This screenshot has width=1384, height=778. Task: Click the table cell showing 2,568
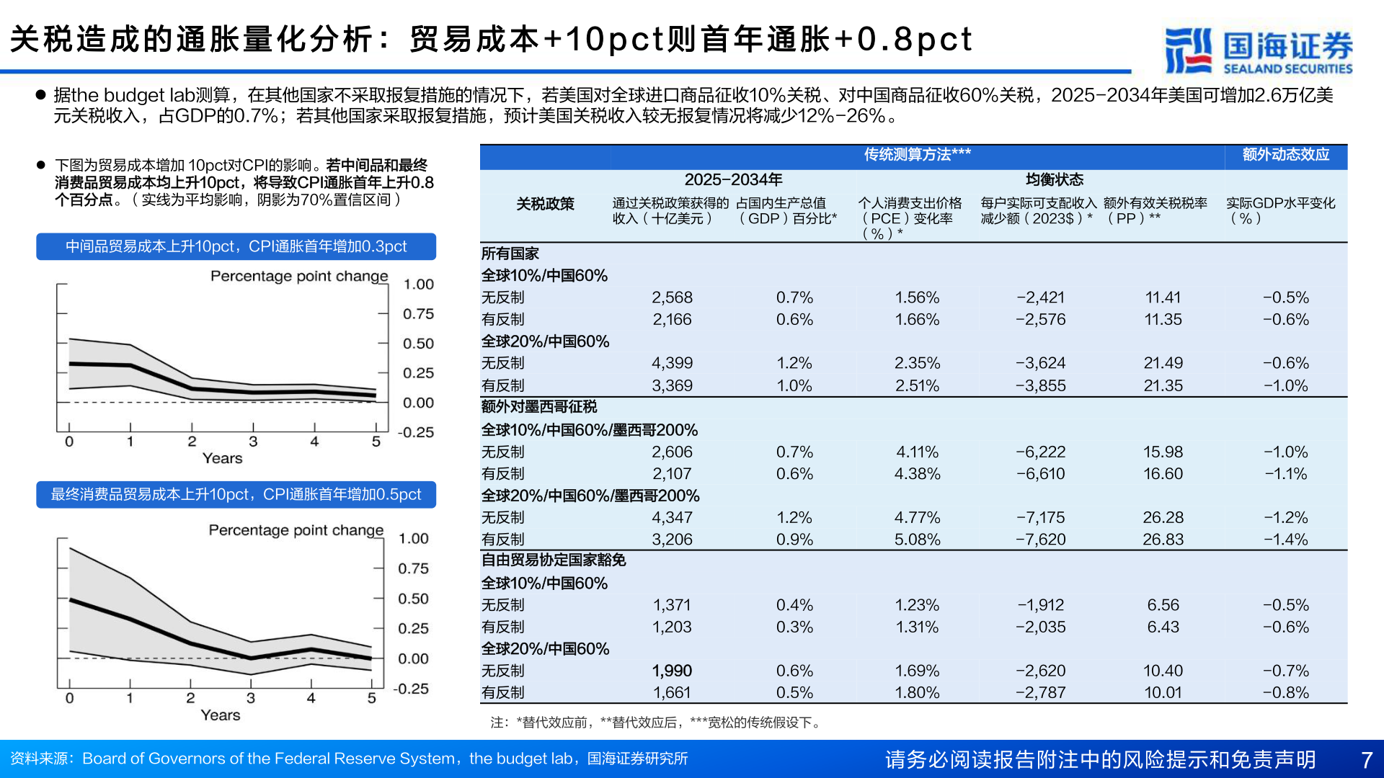672,298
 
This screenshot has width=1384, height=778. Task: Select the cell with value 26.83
1163,540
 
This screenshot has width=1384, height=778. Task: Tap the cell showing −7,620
1040,540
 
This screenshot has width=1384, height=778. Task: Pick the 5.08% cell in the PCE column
917,540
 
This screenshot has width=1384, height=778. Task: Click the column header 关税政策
545,204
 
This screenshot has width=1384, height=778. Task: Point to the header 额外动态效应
1285,155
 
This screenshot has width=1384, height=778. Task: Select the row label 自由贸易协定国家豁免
554,560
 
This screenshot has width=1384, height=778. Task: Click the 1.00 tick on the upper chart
418,285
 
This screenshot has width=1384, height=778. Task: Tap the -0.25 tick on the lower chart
411,689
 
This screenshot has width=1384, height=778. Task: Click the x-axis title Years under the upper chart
222,459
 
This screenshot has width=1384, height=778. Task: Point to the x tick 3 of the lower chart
251,698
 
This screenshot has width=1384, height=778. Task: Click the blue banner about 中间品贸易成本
236,246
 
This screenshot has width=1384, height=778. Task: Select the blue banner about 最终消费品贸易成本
236,495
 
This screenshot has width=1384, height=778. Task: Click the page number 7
1366,759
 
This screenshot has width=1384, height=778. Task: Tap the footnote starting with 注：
656,723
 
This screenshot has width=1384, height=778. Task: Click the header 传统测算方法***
917,155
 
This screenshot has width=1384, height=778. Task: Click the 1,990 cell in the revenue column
672,671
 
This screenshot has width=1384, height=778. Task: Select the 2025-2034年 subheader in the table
733,179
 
